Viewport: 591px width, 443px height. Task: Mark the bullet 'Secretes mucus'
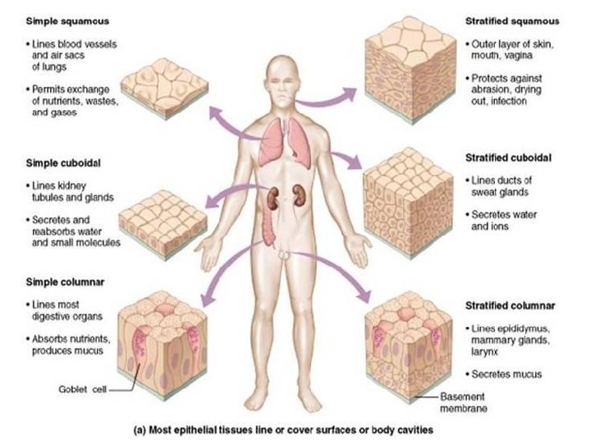pos(506,375)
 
